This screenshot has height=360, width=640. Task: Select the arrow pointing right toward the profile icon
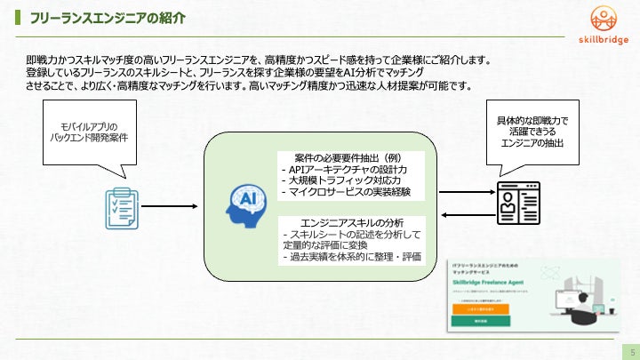click(462, 188)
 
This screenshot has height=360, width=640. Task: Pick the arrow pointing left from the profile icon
click(462, 213)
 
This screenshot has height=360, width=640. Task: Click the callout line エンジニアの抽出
click(533, 143)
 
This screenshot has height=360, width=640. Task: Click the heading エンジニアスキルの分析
click(353, 222)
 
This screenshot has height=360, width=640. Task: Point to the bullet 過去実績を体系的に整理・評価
click(350, 257)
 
